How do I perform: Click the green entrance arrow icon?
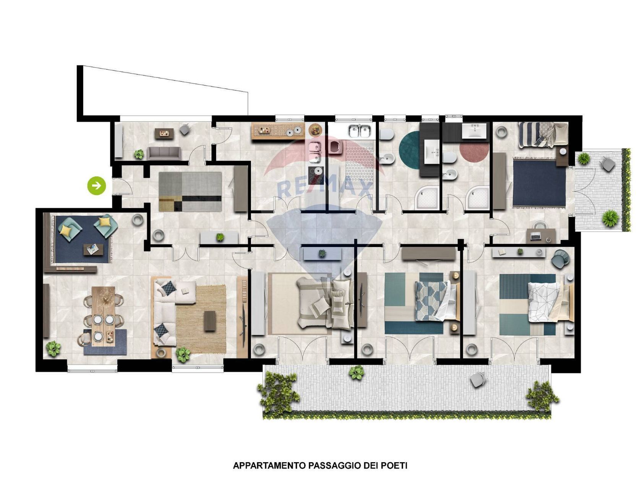point(97,186)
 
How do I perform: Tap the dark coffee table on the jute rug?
point(209,321)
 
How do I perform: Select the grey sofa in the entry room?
point(164,153)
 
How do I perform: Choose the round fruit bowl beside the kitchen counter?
point(315,130)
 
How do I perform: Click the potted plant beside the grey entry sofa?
point(139,154)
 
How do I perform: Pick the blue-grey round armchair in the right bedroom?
point(561,258)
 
